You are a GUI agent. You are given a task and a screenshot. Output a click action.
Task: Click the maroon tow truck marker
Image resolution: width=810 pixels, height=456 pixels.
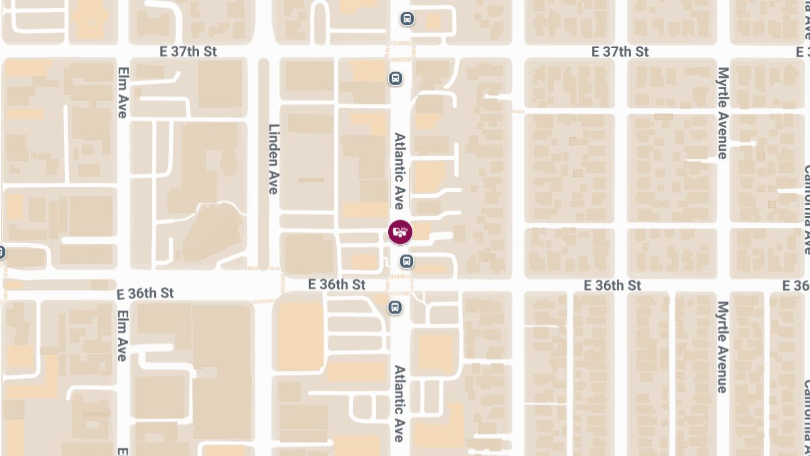tap(400, 232)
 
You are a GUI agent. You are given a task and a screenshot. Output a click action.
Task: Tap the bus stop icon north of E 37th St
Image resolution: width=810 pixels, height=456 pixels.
tap(406, 18)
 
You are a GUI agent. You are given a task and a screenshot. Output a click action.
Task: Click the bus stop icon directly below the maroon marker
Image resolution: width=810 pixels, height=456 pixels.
tap(406, 261)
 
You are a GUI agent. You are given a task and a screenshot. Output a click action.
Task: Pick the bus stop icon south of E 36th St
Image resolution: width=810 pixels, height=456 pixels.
tap(396, 308)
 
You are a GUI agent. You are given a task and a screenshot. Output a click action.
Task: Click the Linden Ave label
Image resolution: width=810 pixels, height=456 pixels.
tap(273, 159)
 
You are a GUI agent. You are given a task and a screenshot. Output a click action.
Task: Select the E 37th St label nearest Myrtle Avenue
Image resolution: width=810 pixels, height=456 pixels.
tap(620, 51)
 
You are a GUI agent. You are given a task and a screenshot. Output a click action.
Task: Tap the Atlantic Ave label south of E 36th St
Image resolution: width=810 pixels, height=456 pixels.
tap(399, 403)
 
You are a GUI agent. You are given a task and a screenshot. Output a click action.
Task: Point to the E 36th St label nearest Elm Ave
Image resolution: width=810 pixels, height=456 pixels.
tap(145, 293)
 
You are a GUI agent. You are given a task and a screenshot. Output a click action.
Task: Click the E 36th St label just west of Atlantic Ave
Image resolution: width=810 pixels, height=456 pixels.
tap(336, 284)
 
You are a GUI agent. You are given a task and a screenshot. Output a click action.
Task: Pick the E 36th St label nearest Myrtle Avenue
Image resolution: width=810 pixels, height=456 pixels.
tap(612, 285)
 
